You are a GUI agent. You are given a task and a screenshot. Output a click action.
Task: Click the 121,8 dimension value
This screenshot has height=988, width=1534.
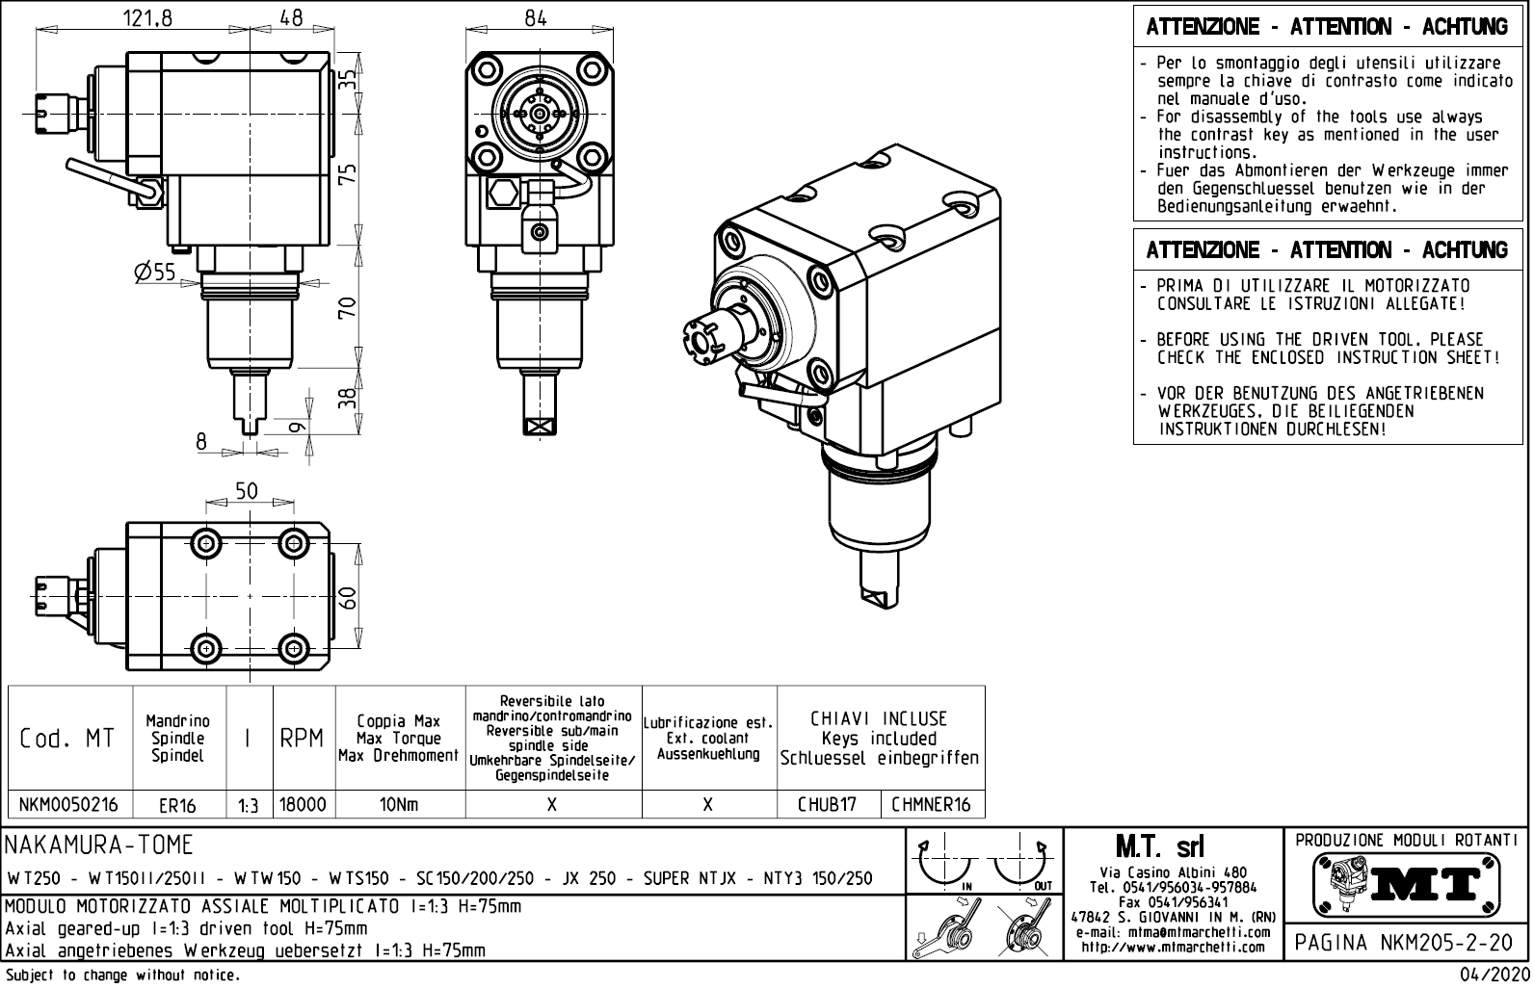pos(147,18)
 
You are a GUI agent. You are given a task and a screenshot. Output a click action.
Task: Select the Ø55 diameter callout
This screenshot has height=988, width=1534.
pos(155,273)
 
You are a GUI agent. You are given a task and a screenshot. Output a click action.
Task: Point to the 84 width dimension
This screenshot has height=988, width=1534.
pos(536,18)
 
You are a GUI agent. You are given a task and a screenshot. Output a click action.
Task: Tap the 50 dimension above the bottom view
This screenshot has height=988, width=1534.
pos(247,490)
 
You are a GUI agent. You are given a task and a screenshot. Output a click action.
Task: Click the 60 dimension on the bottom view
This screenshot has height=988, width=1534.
pos(349,599)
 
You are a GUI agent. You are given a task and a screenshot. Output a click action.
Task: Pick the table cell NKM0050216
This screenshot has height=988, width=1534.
pos(68,805)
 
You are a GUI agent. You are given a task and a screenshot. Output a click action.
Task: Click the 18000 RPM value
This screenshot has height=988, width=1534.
pos(303,805)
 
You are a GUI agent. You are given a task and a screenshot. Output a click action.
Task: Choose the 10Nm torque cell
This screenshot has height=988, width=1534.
pos(398,805)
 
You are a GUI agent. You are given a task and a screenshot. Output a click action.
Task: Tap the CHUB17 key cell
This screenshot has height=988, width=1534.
pos(827,805)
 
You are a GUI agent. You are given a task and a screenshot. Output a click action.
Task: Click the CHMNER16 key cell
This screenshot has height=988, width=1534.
pos(931,805)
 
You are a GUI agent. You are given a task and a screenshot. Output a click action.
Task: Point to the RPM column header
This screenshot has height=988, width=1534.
pos(303,740)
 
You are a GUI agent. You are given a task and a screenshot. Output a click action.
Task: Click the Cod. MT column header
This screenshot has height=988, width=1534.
pos(67,740)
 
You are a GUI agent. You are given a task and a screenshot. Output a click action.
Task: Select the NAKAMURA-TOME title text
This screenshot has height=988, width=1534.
pos(100,845)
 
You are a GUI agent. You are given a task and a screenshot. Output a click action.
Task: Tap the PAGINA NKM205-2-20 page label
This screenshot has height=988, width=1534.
pos(1405,943)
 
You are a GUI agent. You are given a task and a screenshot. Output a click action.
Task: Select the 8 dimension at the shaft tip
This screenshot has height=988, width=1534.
pos(201,441)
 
